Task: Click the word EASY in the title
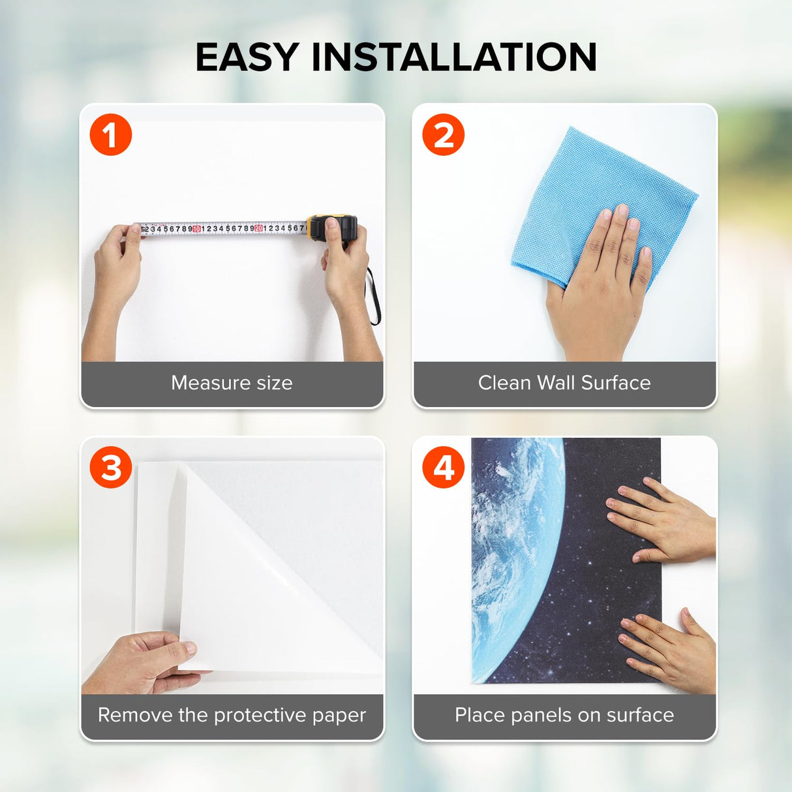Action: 247,57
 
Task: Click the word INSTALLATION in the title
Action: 454,57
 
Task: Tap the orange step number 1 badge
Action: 110,134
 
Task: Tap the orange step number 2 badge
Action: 443,134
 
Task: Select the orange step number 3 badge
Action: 110,467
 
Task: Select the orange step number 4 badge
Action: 443,467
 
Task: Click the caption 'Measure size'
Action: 232,383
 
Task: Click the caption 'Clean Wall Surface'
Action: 564,383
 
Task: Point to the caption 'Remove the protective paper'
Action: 232,716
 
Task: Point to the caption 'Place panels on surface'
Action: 564,716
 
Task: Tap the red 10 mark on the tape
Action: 196,228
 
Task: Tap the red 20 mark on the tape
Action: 258,228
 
